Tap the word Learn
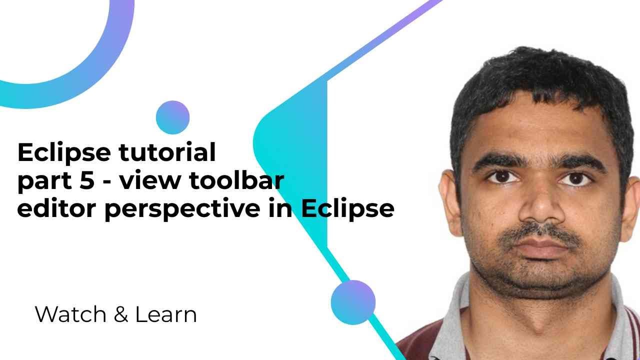click(x=165, y=314)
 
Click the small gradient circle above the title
click(x=172, y=117)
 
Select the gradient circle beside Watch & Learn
click(x=353, y=302)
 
